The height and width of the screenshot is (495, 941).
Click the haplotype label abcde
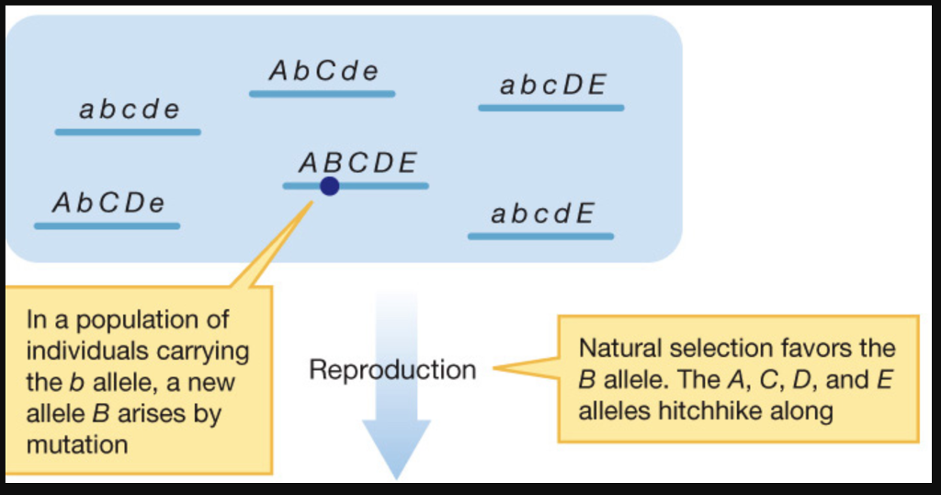click(129, 109)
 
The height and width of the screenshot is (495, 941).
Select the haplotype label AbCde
click(323, 72)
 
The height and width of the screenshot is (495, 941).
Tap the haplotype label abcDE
click(552, 86)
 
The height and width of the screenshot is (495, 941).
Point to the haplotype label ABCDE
click(357, 163)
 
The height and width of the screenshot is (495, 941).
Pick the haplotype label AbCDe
click(108, 202)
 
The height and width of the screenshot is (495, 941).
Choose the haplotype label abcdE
click(542, 214)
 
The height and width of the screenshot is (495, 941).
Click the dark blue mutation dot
click(329, 187)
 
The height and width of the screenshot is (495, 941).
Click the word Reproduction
click(392, 370)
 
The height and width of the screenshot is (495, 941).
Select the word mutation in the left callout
click(77, 444)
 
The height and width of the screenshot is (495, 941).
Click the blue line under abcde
click(128, 132)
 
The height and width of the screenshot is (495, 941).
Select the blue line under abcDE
click(550, 109)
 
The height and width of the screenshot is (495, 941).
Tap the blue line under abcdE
click(540, 236)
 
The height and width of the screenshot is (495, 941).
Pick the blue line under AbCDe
click(107, 225)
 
